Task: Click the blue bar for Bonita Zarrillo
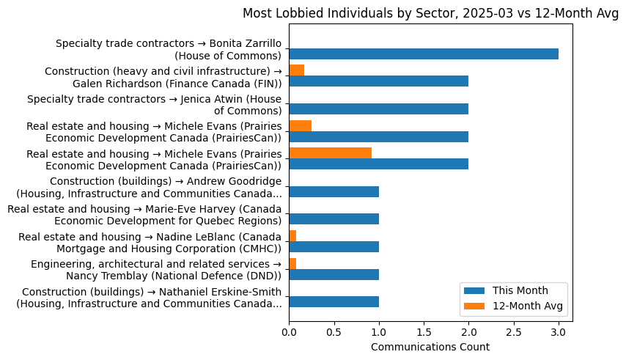click(x=424, y=54)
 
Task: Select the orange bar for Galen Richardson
click(x=297, y=70)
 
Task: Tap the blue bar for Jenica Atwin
click(x=378, y=109)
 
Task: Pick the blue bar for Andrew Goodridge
click(x=334, y=192)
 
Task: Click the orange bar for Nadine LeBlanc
click(x=292, y=235)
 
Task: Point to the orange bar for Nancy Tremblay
click(x=292, y=263)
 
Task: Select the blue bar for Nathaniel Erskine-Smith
click(x=334, y=302)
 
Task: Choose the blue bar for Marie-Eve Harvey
click(x=334, y=219)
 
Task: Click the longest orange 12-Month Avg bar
click(x=331, y=153)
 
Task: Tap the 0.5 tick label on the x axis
click(x=334, y=332)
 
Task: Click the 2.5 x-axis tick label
click(x=514, y=332)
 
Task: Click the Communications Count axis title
click(x=430, y=347)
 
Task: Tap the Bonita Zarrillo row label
click(x=169, y=49)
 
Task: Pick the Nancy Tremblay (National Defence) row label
click(x=155, y=270)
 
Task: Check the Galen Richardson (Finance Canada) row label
click(x=163, y=77)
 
